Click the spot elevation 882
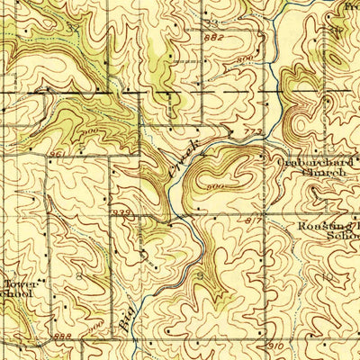point(213,39)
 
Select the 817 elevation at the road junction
point(251,220)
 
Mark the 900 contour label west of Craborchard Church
point(216,186)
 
